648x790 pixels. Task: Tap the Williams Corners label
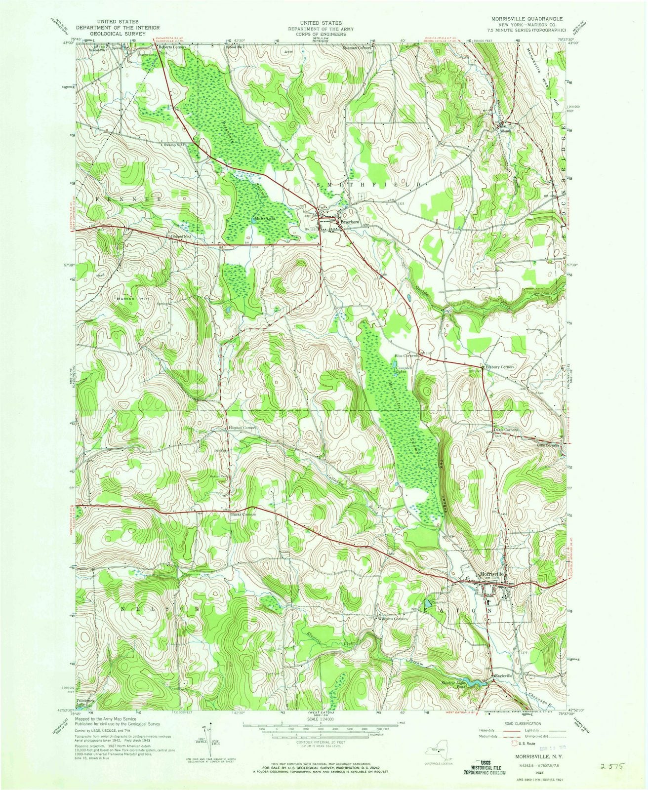(393, 619)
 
